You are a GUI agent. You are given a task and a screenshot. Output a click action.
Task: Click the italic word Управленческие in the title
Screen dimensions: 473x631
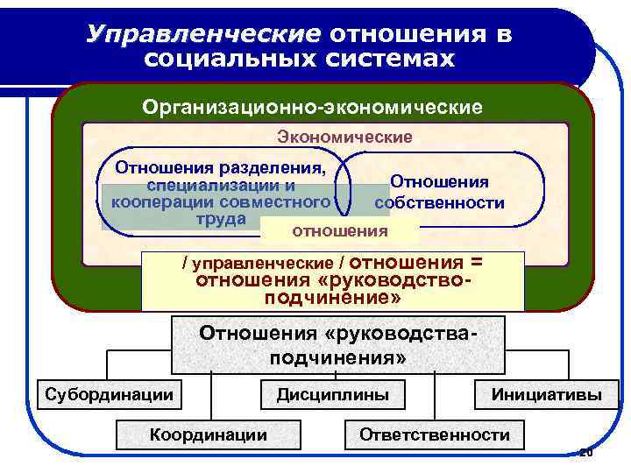click(x=204, y=33)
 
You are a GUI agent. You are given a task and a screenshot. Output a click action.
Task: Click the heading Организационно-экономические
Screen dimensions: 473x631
click(x=313, y=108)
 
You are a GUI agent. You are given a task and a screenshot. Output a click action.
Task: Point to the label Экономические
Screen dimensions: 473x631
click(x=344, y=137)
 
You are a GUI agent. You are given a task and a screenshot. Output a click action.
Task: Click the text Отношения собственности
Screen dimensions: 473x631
click(x=439, y=193)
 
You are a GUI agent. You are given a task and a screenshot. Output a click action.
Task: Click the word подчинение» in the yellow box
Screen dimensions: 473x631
click(x=332, y=298)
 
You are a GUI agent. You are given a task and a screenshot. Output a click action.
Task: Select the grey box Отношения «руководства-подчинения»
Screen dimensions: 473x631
click(x=338, y=346)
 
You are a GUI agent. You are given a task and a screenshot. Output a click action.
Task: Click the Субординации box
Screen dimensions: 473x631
click(x=109, y=394)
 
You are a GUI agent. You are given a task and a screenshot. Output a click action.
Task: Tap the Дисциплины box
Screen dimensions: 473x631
click(x=333, y=394)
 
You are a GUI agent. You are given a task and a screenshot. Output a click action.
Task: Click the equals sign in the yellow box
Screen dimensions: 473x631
click(x=477, y=263)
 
